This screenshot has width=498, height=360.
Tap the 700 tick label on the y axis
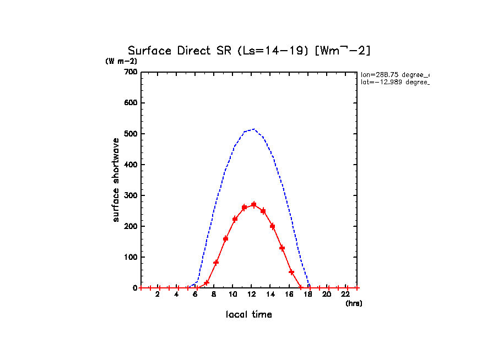click(130, 72)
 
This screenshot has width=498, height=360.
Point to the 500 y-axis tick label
click(130, 134)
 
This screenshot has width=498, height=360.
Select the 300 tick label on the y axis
click(130, 195)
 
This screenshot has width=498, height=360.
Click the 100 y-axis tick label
click(130, 257)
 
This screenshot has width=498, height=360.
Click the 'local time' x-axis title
click(249, 315)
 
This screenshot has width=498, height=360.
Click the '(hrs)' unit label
click(354, 303)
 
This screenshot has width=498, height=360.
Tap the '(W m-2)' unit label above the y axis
click(121, 61)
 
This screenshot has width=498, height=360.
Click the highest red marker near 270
click(253, 205)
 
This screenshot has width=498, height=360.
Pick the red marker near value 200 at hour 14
click(272, 226)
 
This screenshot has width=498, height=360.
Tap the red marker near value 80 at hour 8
click(216, 263)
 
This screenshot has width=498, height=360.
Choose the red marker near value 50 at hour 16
click(291, 272)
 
